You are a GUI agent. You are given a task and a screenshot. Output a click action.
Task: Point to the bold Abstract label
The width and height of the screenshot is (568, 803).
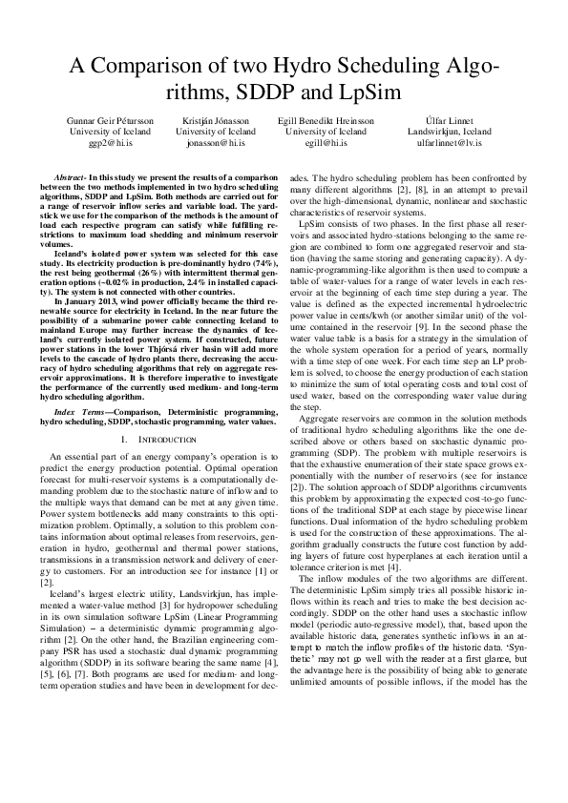pyautogui.click(x=71, y=177)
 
